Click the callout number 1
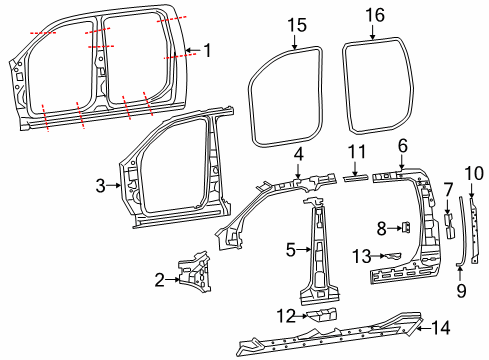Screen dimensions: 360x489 pos(207,50)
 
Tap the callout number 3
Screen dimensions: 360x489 pos(100,184)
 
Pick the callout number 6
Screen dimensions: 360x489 pos(402,145)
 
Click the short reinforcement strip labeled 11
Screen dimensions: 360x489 pos(354,176)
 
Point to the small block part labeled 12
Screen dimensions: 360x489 pos(319,316)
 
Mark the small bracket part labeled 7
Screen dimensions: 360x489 pos(448,225)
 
